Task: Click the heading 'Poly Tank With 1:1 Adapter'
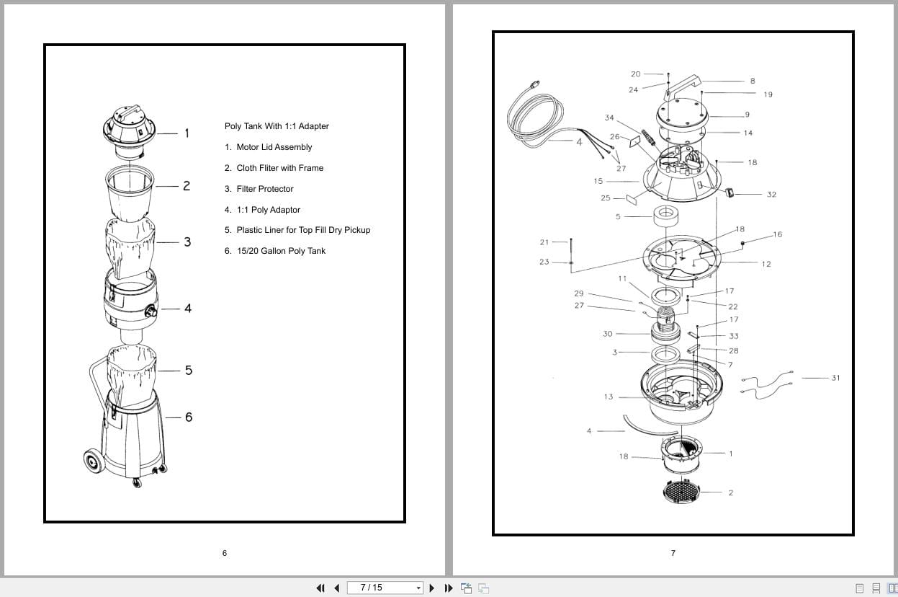coord(277,126)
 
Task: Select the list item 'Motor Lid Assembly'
coord(274,147)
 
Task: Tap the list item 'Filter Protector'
coord(264,189)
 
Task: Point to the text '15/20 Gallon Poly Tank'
coord(280,251)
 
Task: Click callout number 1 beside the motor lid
coord(187,133)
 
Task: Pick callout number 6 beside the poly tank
coord(189,417)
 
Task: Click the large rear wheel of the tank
coord(92,459)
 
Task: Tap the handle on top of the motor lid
coord(130,112)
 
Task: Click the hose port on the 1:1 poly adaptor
coord(152,311)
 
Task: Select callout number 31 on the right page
coord(835,378)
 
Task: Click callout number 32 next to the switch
coord(771,195)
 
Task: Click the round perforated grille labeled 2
coord(681,492)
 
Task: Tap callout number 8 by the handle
coord(753,81)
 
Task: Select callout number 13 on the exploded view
coord(609,397)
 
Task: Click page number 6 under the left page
coord(224,553)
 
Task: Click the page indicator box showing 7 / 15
coord(385,588)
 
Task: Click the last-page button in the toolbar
coord(449,588)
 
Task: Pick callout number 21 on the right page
coord(544,242)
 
